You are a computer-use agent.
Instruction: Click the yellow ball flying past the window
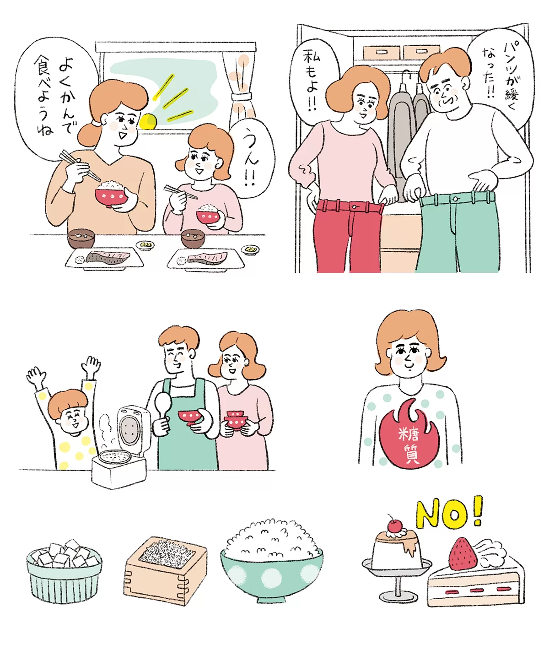[x=147, y=122]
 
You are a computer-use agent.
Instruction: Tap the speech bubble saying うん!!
[x=252, y=159]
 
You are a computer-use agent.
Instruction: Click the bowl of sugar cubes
[x=64, y=571]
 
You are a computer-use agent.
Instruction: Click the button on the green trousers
[x=456, y=199]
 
